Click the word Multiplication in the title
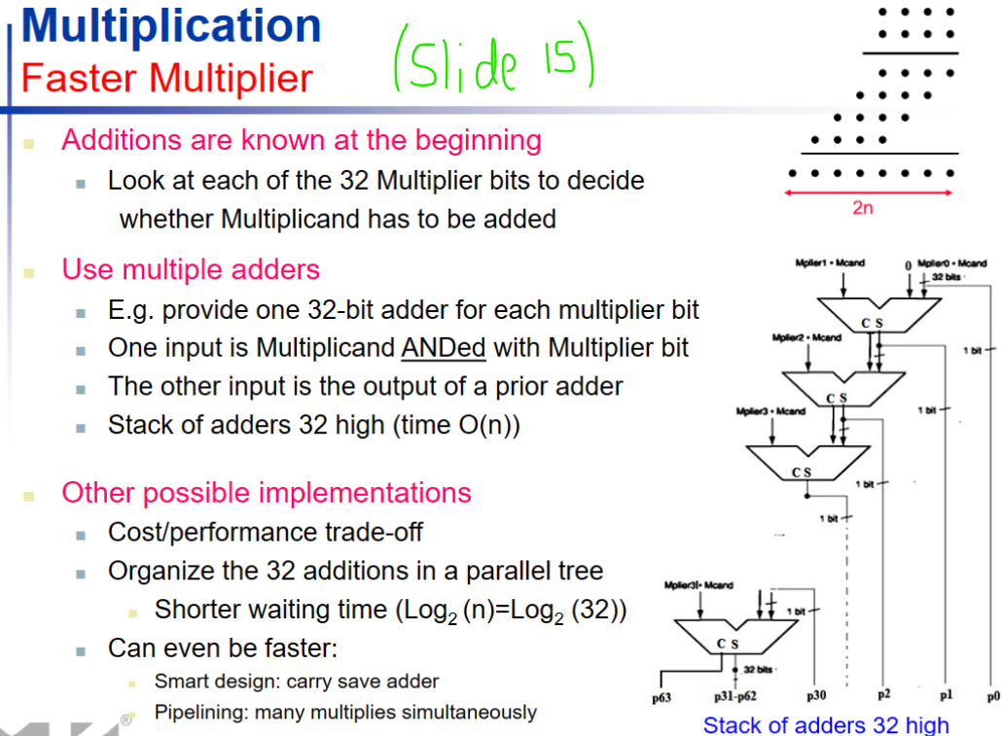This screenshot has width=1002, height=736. [x=171, y=26]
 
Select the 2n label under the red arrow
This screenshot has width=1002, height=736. [x=862, y=208]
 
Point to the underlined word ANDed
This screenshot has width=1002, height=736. [x=447, y=347]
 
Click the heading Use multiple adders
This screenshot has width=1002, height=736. [x=191, y=269]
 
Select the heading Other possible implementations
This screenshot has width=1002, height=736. [x=266, y=493]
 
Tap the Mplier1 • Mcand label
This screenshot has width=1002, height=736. [x=830, y=263]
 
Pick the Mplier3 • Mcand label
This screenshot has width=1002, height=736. [x=770, y=411]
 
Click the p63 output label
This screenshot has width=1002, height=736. [x=662, y=697]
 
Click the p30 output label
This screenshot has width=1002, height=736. [x=815, y=697]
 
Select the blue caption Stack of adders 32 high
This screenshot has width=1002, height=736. [x=825, y=724]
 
